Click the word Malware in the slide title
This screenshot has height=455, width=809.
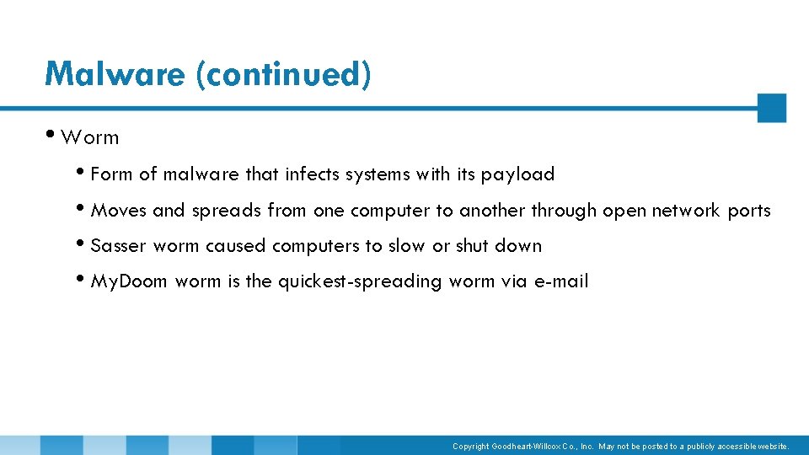coord(115,74)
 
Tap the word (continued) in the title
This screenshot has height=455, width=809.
coord(282,74)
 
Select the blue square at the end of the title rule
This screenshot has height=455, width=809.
coord(771,108)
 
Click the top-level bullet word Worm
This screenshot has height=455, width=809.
coord(90,137)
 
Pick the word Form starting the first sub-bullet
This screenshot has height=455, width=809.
coord(111,174)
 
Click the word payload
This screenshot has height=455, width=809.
coord(517,175)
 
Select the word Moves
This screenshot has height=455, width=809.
coord(118,211)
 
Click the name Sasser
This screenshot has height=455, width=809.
coord(118,246)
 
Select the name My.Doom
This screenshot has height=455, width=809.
coord(129,281)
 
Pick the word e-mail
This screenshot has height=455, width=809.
coord(561,281)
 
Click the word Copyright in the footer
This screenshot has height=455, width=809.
coord(470,447)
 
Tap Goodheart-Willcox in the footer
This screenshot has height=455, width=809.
coord(525,447)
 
